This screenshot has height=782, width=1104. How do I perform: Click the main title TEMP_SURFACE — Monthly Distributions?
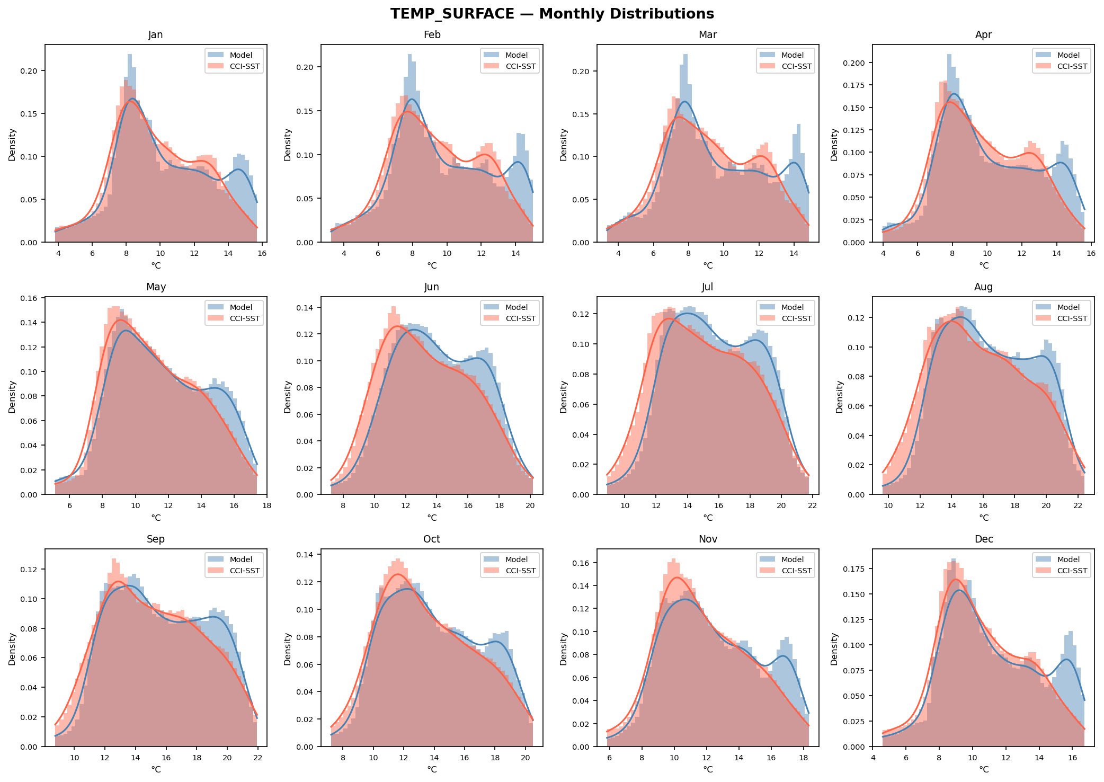coord(552,14)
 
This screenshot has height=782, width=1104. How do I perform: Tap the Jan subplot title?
coord(156,35)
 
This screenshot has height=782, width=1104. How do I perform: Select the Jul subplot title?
coord(707,287)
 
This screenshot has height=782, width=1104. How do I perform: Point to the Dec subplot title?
coord(984,539)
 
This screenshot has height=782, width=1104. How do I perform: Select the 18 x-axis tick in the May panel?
coord(266,505)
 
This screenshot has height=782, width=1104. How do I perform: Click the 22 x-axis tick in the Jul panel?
coord(812,505)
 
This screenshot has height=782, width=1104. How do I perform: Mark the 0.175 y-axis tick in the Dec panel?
coord(855,570)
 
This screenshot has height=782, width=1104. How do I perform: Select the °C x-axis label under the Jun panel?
coord(432,518)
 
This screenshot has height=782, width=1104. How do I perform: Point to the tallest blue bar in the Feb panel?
coord(409,148)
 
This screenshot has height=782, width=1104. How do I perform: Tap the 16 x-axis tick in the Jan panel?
coord(262,253)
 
